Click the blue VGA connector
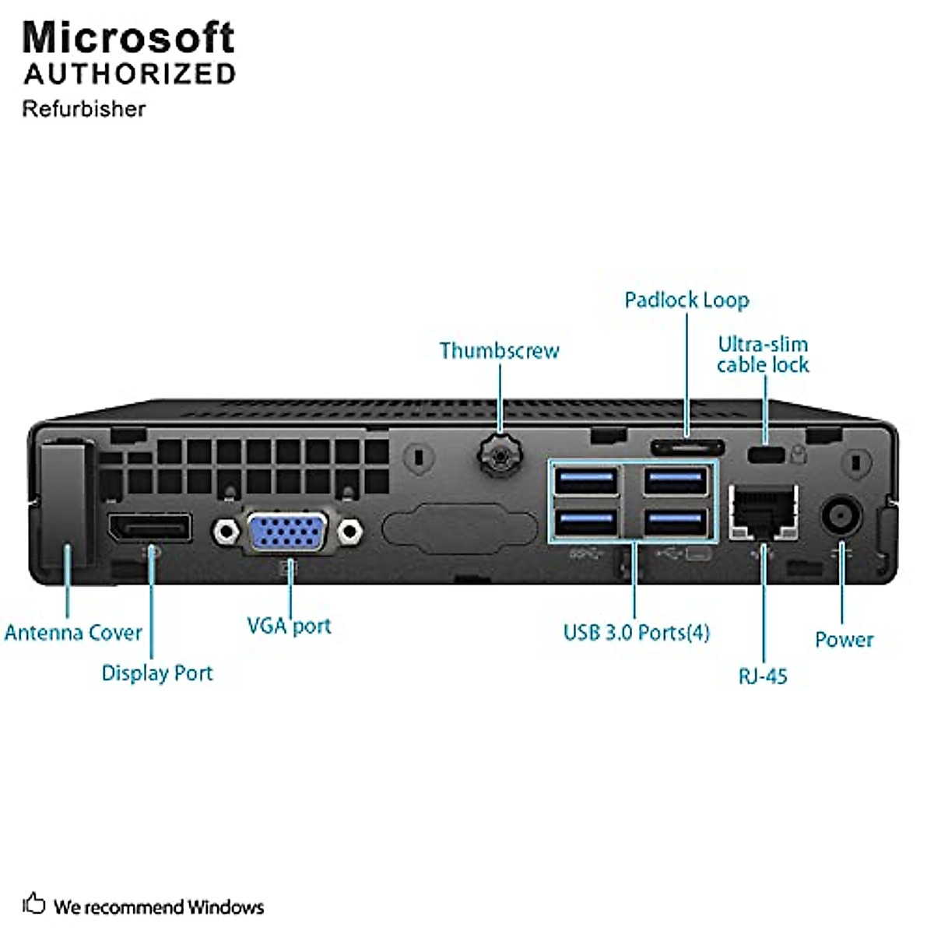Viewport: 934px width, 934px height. point(287,532)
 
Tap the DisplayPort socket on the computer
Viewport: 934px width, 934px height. point(149,527)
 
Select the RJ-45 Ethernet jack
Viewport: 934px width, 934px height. point(764,512)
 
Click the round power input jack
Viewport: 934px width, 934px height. point(841,514)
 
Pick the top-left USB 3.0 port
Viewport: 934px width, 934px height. point(587,481)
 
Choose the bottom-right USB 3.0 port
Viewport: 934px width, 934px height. point(676,522)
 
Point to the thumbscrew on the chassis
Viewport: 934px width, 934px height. point(500,455)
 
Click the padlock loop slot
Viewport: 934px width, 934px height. point(687,448)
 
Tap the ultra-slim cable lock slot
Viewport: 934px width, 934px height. point(766,455)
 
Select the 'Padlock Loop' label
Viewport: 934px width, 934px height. point(686,300)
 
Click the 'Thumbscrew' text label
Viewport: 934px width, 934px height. point(499,351)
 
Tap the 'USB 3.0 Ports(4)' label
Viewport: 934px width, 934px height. point(637,633)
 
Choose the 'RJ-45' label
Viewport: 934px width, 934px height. point(763,676)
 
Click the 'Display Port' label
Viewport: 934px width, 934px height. point(157,673)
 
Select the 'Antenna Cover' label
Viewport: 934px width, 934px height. point(73,633)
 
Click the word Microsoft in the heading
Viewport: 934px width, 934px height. point(128,37)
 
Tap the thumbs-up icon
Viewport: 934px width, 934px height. point(34,903)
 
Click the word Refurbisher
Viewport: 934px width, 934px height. point(84,109)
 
